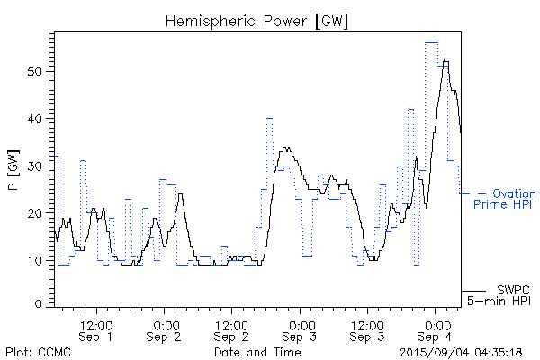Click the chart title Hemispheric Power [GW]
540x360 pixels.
[x=257, y=20]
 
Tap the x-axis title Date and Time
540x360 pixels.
[x=257, y=351]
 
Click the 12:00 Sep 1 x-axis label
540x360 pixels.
[x=96, y=329]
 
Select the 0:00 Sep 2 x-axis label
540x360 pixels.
[x=165, y=329]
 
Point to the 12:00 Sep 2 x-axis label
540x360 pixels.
[x=232, y=329]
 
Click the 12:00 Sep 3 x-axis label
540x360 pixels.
[x=368, y=329]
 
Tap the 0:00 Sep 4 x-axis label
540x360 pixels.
[x=436, y=329]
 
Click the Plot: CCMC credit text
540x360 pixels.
[x=38, y=351]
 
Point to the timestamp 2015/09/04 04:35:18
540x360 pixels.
[x=460, y=351]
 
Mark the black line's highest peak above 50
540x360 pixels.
[x=445, y=58]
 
